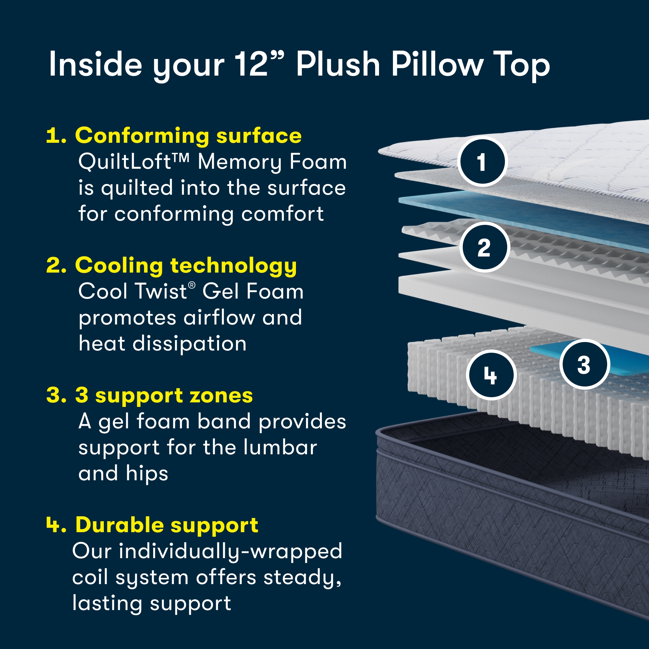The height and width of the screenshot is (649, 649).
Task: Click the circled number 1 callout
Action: (x=482, y=162)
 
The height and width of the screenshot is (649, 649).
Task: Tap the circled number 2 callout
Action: (x=484, y=248)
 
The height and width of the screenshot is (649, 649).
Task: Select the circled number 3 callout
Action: (x=584, y=365)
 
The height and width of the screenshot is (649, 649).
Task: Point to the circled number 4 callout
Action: (x=490, y=375)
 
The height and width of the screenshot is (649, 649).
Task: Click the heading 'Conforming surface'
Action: (x=188, y=136)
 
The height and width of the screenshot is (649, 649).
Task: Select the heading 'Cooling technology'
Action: (x=186, y=265)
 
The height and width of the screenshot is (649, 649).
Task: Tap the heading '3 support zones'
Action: (x=164, y=395)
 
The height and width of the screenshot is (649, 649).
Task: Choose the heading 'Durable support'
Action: (x=166, y=524)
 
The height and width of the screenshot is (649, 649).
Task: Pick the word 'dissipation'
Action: (x=190, y=343)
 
